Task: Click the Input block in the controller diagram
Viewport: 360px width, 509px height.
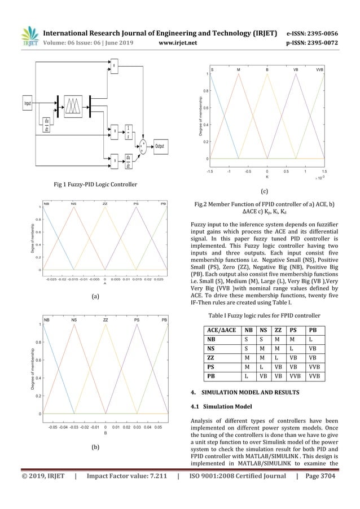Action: tap(28, 104)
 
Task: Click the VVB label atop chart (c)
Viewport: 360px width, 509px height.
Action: tap(319, 70)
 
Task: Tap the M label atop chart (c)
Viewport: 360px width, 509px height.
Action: tap(238, 70)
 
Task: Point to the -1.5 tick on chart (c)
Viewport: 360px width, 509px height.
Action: tap(209, 171)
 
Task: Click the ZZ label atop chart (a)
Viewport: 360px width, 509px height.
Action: tap(105, 203)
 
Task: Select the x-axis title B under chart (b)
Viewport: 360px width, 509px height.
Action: tap(106, 433)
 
